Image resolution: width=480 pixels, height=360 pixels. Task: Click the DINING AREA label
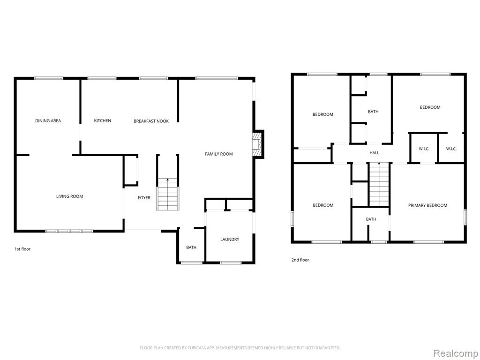pyautogui.click(x=48, y=120)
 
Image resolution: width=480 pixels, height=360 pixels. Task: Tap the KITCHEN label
pyautogui.click(x=103, y=120)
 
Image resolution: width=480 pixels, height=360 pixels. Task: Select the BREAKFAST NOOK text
pyautogui.click(x=151, y=121)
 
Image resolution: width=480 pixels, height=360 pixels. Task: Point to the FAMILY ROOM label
pyautogui.click(x=219, y=154)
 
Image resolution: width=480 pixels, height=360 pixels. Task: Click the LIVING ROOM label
pyautogui.click(x=69, y=196)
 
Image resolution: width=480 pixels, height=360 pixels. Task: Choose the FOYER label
pyautogui.click(x=144, y=198)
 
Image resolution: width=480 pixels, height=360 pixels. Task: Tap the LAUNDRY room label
pyautogui.click(x=230, y=240)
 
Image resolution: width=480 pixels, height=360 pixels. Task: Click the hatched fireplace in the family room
pyautogui.click(x=257, y=144)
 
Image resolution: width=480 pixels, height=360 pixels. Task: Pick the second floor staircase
pyautogui.click(x=379, y=184)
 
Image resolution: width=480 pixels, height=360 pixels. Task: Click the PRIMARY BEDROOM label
pyautogui.click(x=427, y=205)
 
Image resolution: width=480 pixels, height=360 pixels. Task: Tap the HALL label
pyautogui.click(x=374, y=153)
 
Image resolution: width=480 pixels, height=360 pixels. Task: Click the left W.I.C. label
pyautogui.click(x=424, y=149)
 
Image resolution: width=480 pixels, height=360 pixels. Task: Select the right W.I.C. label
pyautogui.click(x=451, y=149)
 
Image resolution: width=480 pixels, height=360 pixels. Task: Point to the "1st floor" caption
pyautogui.click(x=22, y=249)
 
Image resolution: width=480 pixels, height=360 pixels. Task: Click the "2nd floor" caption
pyautogui.click(x=300, y=260)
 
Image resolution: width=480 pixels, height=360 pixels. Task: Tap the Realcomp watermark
pyautogui.click(x=456, y=353)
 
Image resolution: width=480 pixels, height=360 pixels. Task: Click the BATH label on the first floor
pyautogui.click(x=191, y=247)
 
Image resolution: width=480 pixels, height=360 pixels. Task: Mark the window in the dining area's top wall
pyautogui.click(x=49, y=78)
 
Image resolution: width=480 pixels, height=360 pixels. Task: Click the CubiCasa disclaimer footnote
pyautogui.click(x=240, y=348)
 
